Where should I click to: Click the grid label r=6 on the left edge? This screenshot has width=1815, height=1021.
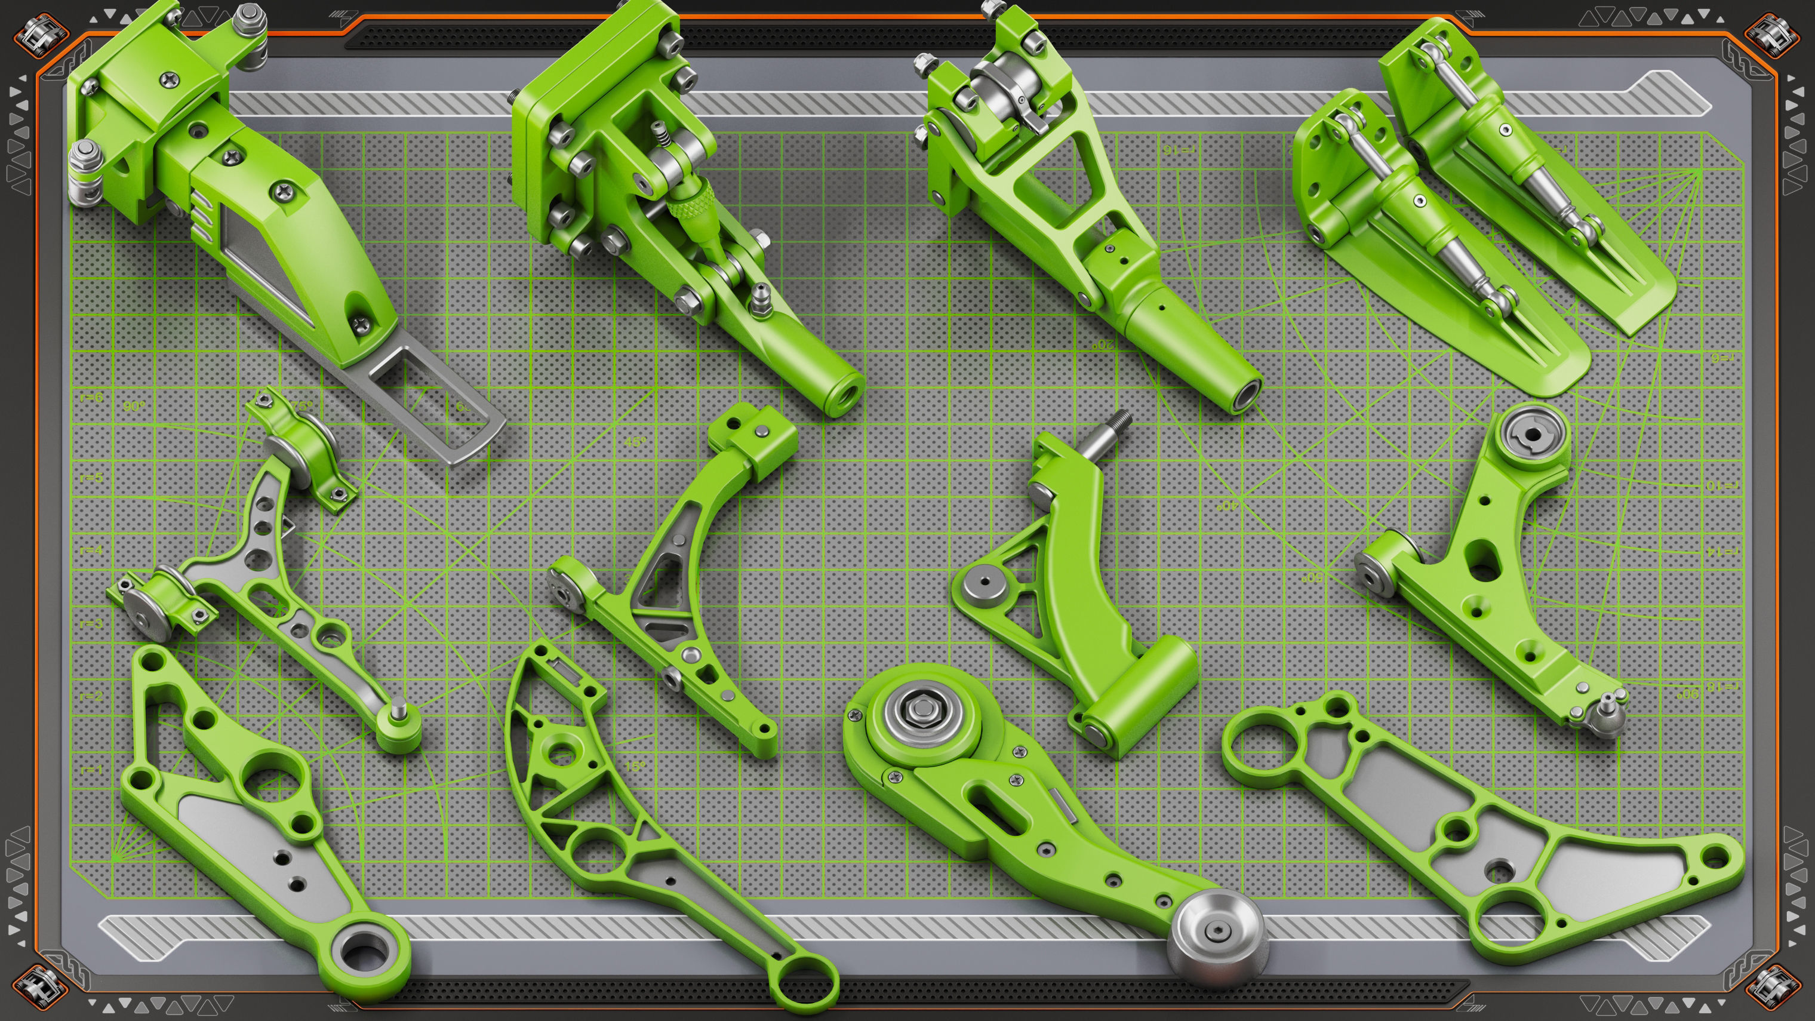click(91, 398)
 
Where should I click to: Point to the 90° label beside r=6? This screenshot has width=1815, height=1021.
click(133, 407)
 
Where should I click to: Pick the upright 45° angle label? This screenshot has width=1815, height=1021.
click(635, 442)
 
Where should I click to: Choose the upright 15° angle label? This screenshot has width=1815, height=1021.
click(635, 766)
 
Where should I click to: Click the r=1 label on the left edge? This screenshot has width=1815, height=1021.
click(91, 770)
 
